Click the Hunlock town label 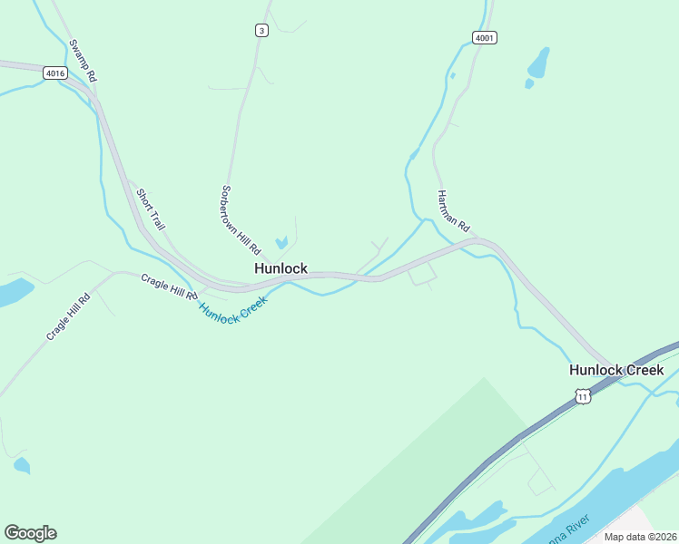tap(280, 268)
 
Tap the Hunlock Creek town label tap(616, 370)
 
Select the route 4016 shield tap(54, 73)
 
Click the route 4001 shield tap(485, 37)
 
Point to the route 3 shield tap(261, 30)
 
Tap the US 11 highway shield tap(582, 396)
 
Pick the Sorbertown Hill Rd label tap(241, 219)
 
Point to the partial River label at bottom tap(568, 528)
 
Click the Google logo tap(30, 533)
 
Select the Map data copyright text tap(641, 537)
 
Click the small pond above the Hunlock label tap(281, 242)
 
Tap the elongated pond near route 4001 tap(538, 63)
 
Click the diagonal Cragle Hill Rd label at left tap(69, 317)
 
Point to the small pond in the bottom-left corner tap(21, 466)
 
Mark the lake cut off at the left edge tap(13, 293)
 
